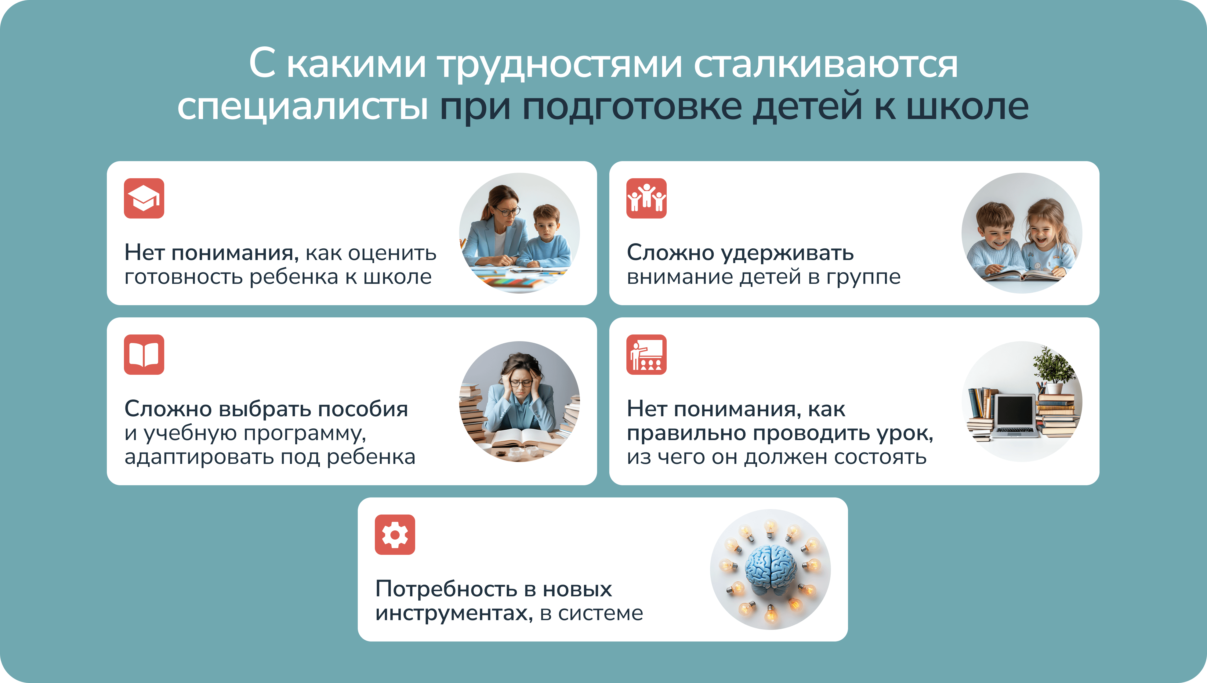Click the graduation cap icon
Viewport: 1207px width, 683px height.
pyautogui.click(x=144, y=198)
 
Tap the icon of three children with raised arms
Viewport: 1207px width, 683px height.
pyautogui.click(x=647, y=198)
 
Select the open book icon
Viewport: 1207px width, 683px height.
pyautogui.click(x=144, y=355)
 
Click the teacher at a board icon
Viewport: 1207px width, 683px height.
pyautogui.click(x=647, y=355)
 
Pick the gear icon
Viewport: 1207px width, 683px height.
pyautogui.click(x=395, y=535)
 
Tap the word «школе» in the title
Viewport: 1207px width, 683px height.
pyautogui.click(x=967, y=107)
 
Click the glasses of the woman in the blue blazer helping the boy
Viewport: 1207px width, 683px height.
pyautogui.click(x=508, y=211)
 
